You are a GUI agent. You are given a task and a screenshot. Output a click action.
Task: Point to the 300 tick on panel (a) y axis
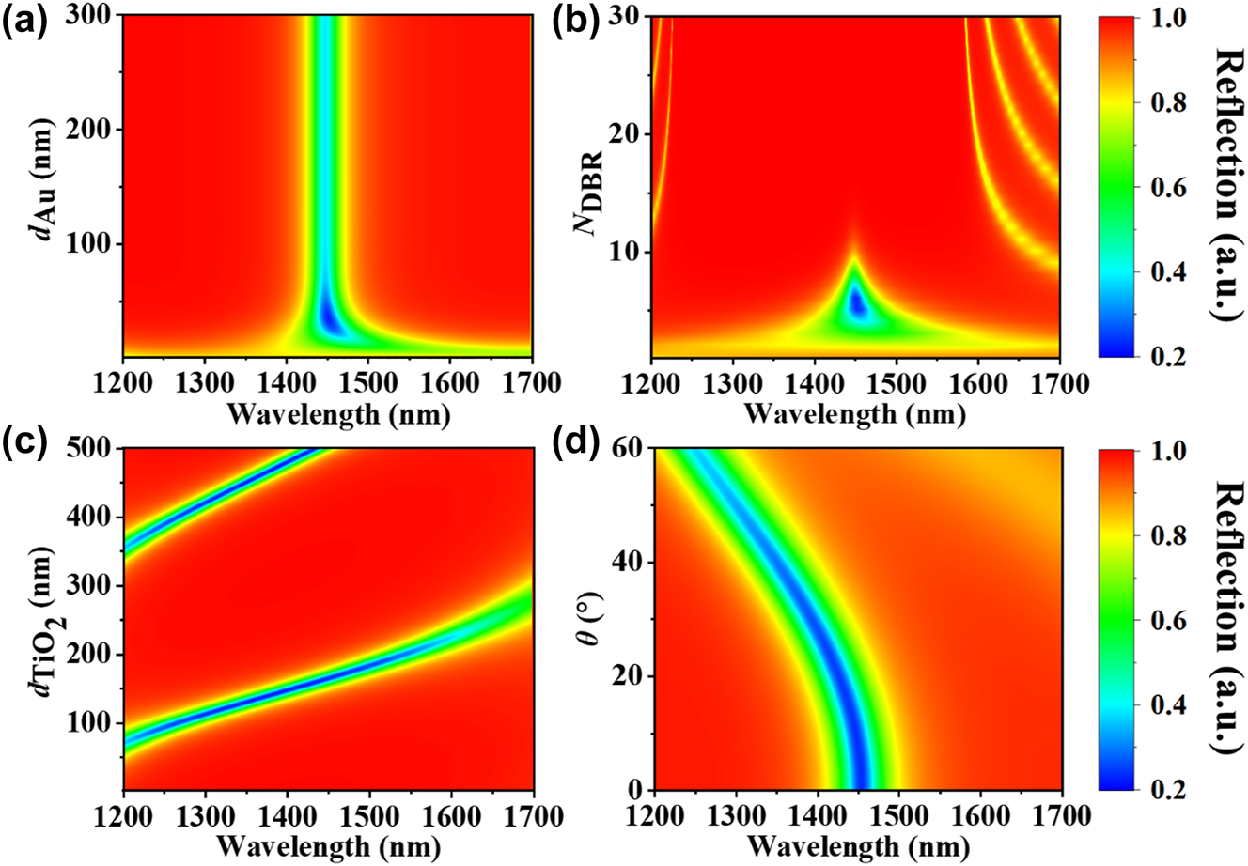click(x=94, y=16)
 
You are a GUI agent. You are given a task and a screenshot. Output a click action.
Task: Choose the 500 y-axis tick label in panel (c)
click(x=94, y=450)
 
